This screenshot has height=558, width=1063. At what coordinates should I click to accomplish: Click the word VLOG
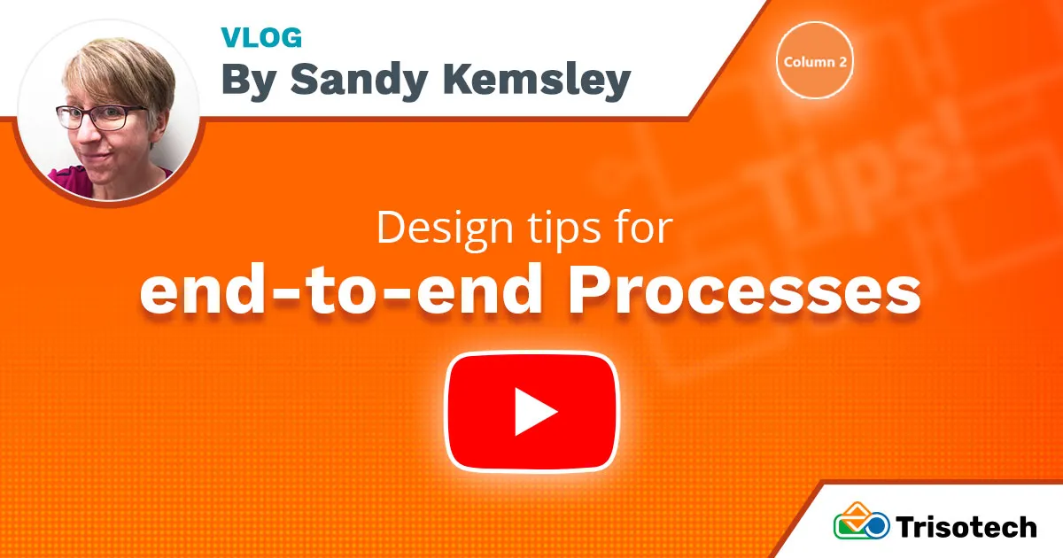261,37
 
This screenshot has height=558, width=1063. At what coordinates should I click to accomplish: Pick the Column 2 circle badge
815,60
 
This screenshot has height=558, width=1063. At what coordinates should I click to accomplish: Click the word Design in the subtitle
445,229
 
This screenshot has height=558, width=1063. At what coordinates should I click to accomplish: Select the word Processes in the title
744,291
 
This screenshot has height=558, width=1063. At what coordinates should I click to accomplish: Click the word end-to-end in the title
341,291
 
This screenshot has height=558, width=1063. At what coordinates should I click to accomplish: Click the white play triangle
535,412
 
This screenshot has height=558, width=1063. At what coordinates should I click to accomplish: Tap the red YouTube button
532,412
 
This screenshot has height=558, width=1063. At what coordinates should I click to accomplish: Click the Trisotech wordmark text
966,527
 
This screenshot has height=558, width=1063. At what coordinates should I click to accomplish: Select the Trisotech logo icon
861,522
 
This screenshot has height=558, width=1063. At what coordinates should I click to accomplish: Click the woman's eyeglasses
101,117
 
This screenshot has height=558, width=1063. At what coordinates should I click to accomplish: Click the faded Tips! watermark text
868,171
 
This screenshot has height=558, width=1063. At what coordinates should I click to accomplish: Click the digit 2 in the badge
842,62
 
